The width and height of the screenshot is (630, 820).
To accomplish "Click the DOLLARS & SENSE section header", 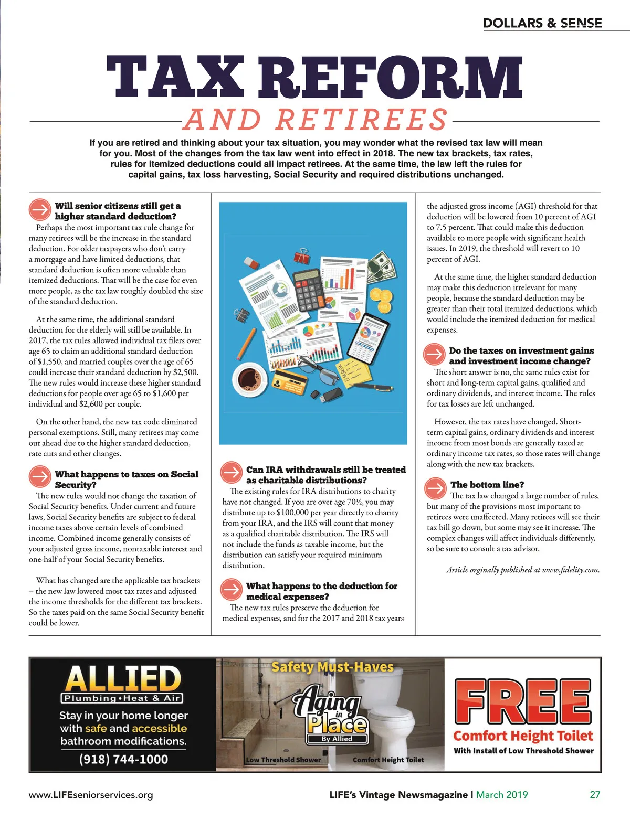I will [542, 23].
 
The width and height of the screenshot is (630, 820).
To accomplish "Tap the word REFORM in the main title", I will [391, 77].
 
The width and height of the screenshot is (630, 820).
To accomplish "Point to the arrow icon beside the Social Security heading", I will [39, 478].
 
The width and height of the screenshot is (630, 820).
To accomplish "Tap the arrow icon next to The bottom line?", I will [435, 488].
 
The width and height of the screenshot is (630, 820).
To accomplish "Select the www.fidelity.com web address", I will [571, 570].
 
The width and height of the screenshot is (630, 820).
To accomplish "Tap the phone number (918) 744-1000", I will [123, 759].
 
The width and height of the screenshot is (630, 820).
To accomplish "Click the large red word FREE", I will [523, 700].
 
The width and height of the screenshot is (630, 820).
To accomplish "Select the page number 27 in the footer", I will [594, 795].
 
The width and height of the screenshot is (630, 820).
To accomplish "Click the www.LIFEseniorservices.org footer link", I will [91, 795].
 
